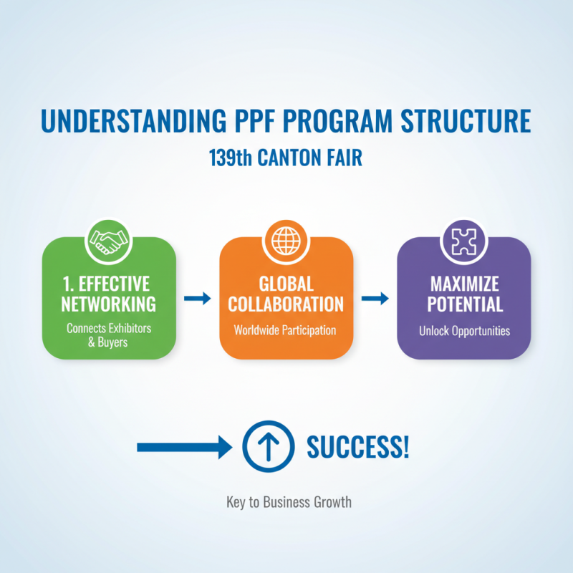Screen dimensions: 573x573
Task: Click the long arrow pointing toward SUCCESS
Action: coord(184,448)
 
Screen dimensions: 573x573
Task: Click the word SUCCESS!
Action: coord(358,447)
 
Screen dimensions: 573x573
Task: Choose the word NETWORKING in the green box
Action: coord(109,304)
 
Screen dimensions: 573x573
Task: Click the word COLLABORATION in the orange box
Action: coord(286,304)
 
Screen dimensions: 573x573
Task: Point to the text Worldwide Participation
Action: coord(285,332)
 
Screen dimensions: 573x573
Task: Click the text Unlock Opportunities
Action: coord(464,332)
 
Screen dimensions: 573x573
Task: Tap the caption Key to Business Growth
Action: coord(289,501)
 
